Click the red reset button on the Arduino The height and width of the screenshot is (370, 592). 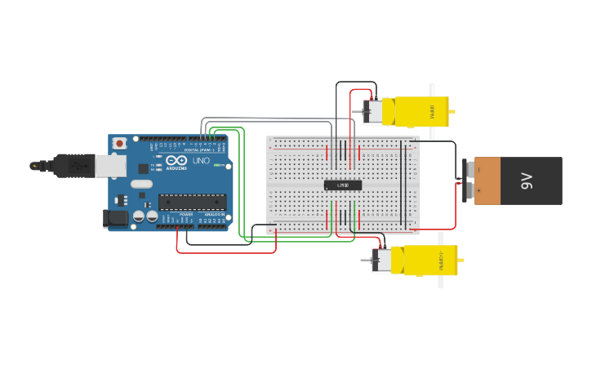pyautogui.click(x=119, y=143)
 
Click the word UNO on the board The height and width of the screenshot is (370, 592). pyautogui.click(x=200, y=160)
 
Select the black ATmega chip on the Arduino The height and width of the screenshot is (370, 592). pyautogui.click(x=192, y=201)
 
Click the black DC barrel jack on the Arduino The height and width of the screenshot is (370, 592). pyautogui.click(x=116, y=217)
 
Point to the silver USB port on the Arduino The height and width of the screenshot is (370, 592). pyautogui.click(x=110, y=166)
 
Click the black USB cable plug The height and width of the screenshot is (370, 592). pyautogui.click(x=73, y=166)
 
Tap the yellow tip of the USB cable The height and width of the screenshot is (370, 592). pyautogui.click(x=34, y=166)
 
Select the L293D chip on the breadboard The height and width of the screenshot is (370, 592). pyautogui.click(x=343, y=185)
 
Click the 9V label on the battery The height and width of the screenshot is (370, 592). pyautogui.click(x=527, y=181)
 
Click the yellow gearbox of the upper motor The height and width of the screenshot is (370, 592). pyautogui.click(x=421, y=111)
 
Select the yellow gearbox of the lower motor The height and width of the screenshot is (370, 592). pyautogui.click(x=429, y=261)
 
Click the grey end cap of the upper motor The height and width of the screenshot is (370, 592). pyautogui.click(x=372, y=112)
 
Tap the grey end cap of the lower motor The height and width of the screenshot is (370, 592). pyautogui.click(x=381, y=261)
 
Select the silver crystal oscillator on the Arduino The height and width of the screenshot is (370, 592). pyautogui.click(x=141, y=184)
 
